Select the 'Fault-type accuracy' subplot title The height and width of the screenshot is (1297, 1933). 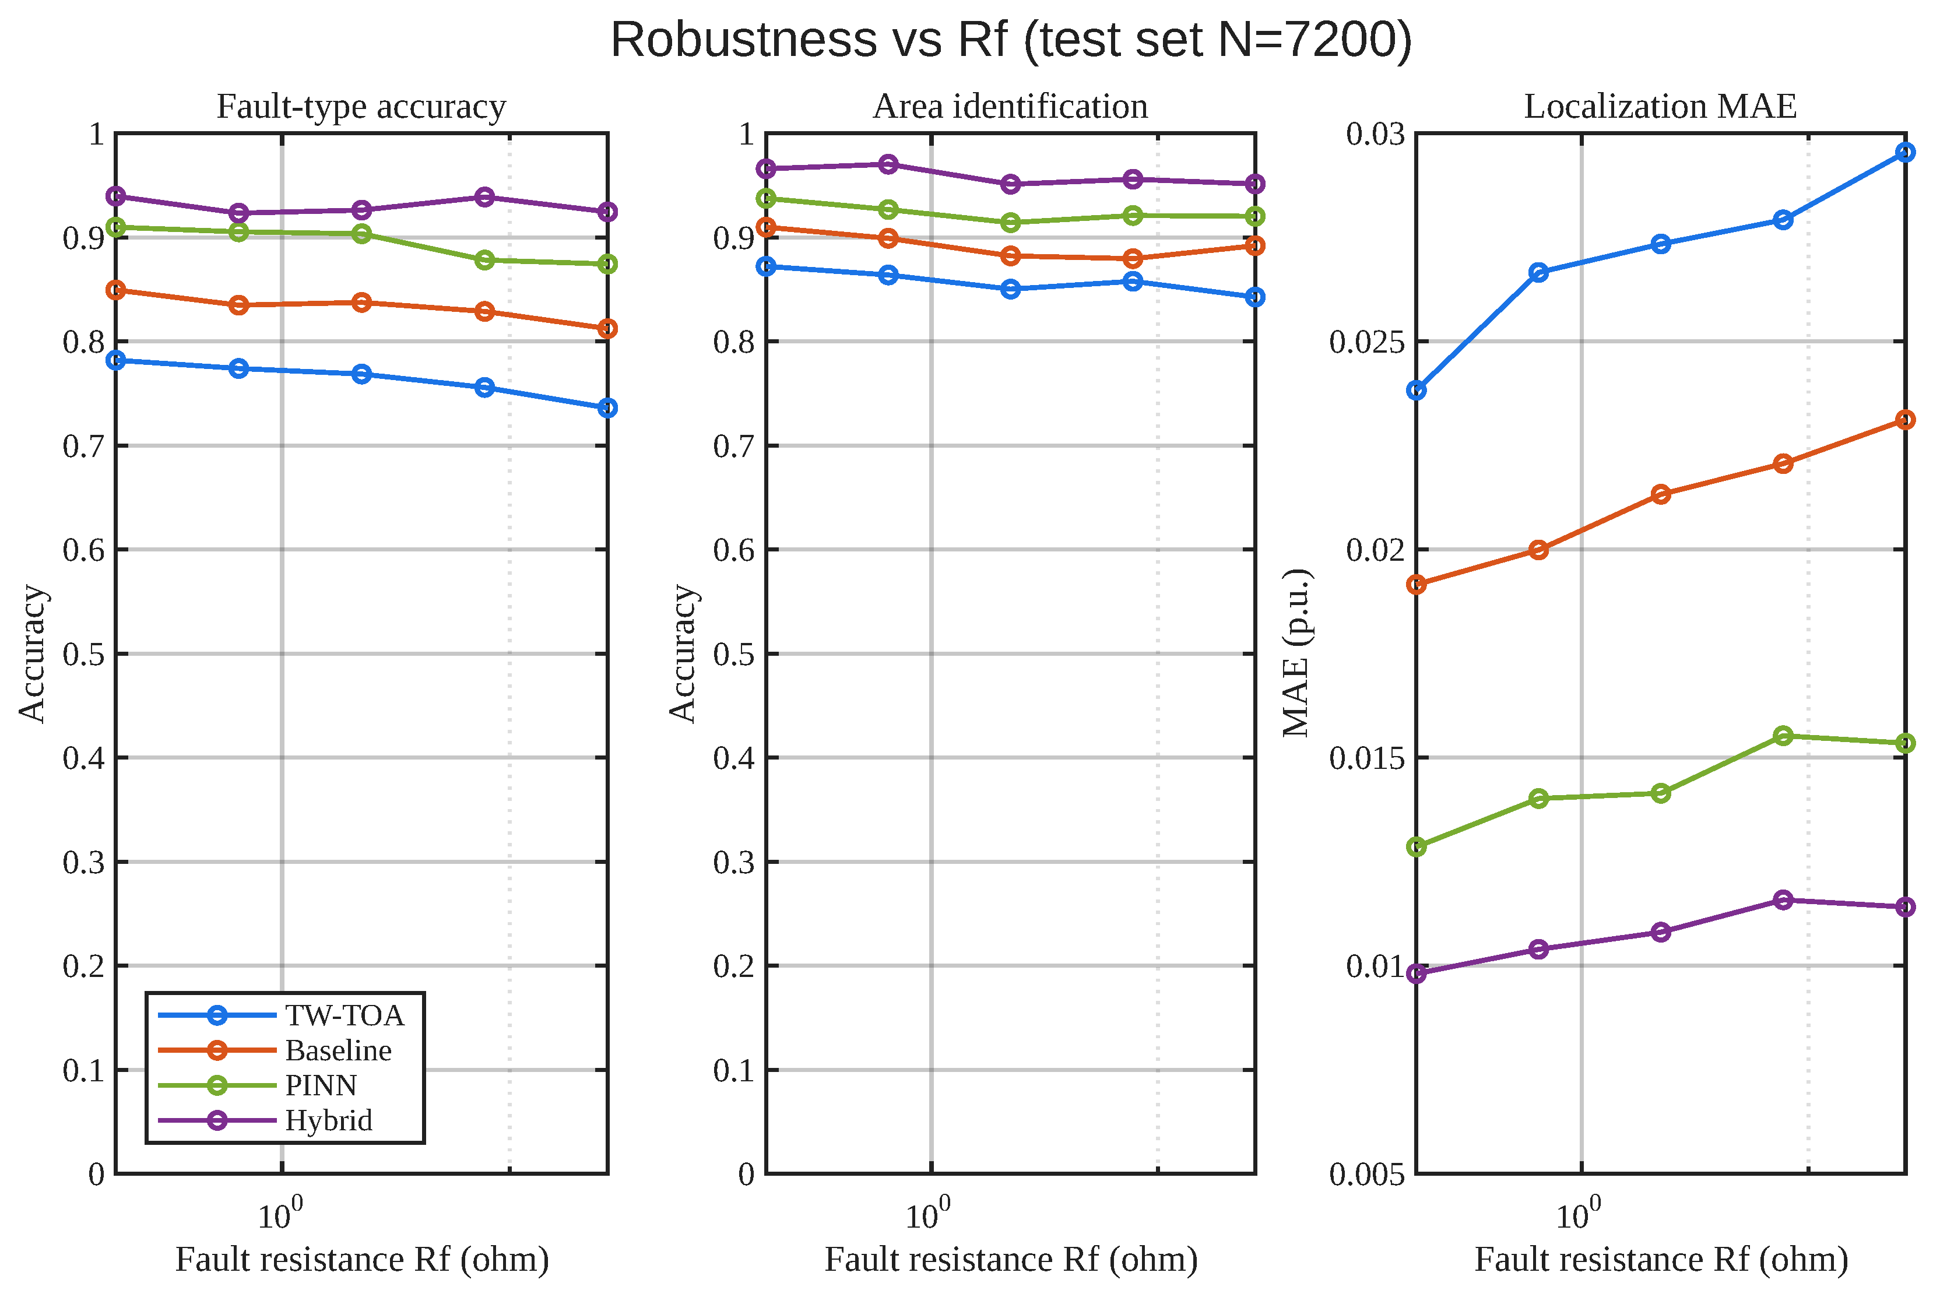pyautogui.click(x=361, y=107)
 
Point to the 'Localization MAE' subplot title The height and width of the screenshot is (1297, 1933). pyautogui.click(x=1660, y=107)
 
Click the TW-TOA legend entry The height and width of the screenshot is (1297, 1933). pyautogui.click(x=281, y=1015)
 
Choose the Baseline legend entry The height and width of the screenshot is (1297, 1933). pyautogui.click(x=275, y=1050)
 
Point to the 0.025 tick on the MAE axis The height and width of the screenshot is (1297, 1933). pyautogui.click(x=1367, y=342)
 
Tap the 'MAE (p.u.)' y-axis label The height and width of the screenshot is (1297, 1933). pyautogui.click(x=1296, y=653)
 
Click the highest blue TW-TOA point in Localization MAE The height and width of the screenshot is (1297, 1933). pyautogui.click(x=1906, y=152)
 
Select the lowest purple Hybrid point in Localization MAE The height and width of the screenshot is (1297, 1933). pyautogui.click(x=1417, y=973)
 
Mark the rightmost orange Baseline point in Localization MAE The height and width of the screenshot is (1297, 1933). pyautogui.click(x=1906, y=420)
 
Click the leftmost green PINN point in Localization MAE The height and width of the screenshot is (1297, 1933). pyautogui.click(x=1417, y=847)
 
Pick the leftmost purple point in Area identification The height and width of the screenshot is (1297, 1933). pyautogui.click(x=767, y=168)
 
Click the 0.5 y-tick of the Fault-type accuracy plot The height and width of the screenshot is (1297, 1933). pyautogui.click(x=85, y=654)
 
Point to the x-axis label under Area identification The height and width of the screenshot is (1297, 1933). pyautogui.click(x=1011, y=1260)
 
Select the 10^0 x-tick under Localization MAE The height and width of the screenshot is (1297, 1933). pyautogui.click(x=1578, y=1214)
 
